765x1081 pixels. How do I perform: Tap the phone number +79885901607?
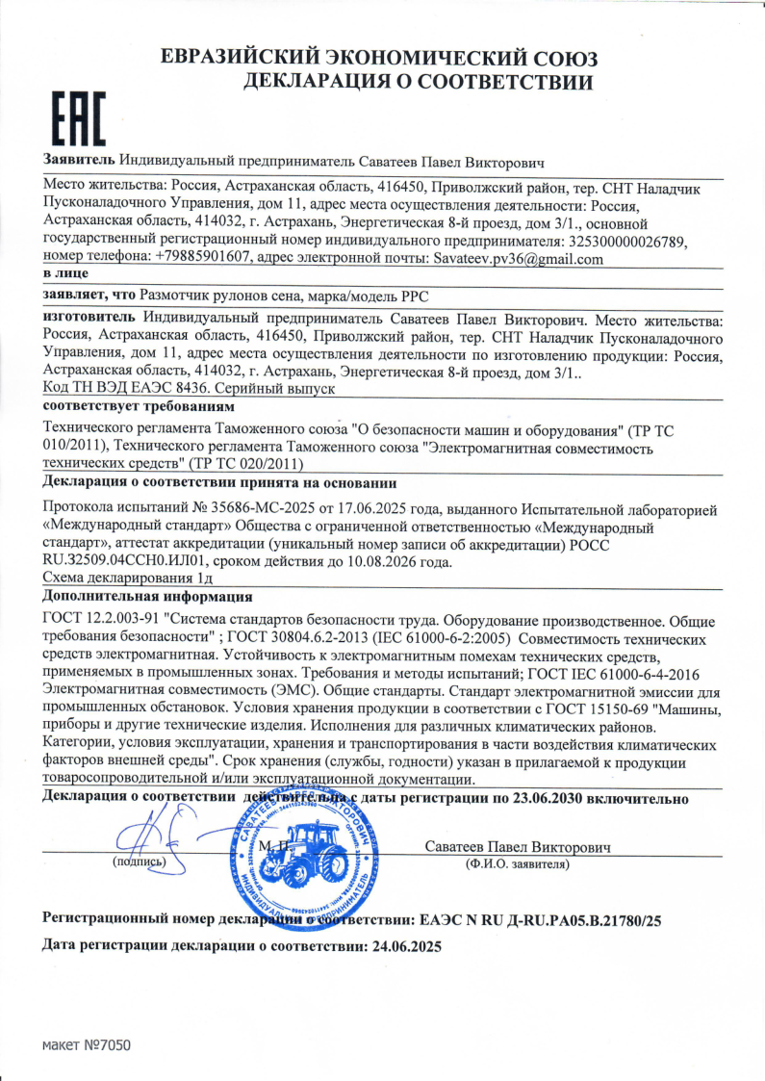point(203,258)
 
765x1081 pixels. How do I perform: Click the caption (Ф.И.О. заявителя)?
point(517,864)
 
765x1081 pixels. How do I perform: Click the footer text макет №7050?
point(85,1045)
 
